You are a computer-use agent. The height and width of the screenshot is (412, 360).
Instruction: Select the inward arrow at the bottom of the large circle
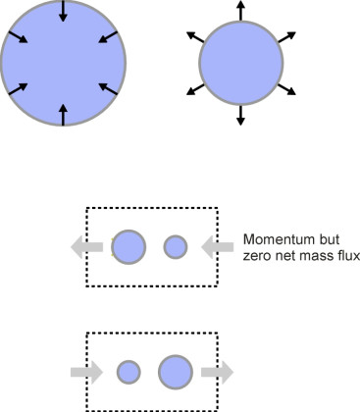[x=64, y=114]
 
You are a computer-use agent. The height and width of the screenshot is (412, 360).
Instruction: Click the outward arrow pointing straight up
[x=241, y=12]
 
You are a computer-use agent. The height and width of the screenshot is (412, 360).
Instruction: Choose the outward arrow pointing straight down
[x=241, y=115]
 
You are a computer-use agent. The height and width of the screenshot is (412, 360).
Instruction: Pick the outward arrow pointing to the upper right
[x=285, y=37]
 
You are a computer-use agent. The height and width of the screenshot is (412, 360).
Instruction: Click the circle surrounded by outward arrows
[x=241, y=64]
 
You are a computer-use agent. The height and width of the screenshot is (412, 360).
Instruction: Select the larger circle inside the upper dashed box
[x=129, y=247]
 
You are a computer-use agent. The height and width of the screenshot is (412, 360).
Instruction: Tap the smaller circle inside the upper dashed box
[x=176, y=247]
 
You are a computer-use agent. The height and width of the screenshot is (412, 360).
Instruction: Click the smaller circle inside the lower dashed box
[x=129, y=372]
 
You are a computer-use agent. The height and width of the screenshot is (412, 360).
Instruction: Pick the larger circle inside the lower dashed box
[x=176, y=372]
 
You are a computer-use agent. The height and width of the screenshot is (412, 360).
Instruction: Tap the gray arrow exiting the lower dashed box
[x=218, y=372]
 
